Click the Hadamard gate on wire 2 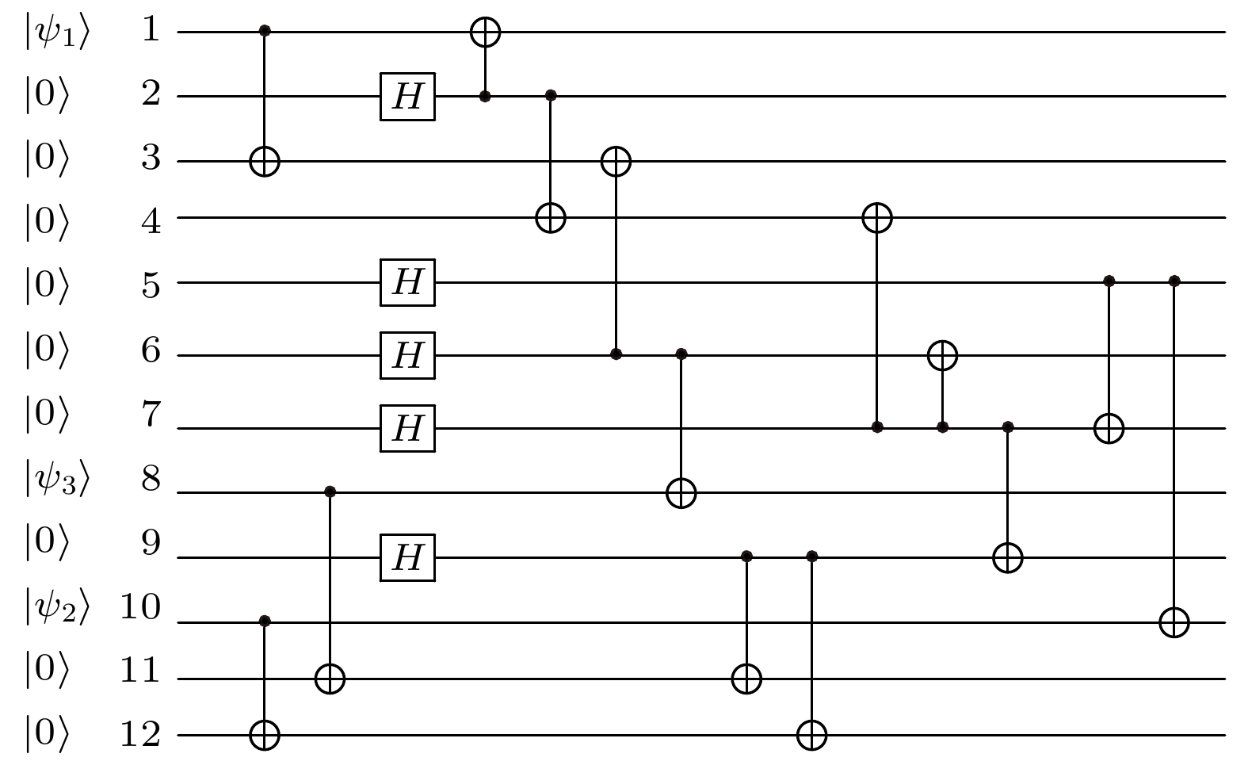point(407,97)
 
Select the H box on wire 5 point(407,282)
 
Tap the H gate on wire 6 point(407,355)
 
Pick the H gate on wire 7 point(407,428)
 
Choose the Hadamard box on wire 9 point(407,557)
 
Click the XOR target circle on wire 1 point(485,33)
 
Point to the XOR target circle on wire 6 point(942,355)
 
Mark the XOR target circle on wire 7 point(1109,428)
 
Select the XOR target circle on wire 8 point(681,493)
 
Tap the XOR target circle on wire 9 point(1007,557)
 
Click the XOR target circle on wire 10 point(1174,622)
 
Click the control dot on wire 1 point(265,30)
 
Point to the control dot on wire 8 point(330,492)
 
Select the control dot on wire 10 point(265,621)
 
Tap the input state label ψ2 point(57,607)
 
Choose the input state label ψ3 point(57,479)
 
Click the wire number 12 point(140,734)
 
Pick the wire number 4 point(151,221)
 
